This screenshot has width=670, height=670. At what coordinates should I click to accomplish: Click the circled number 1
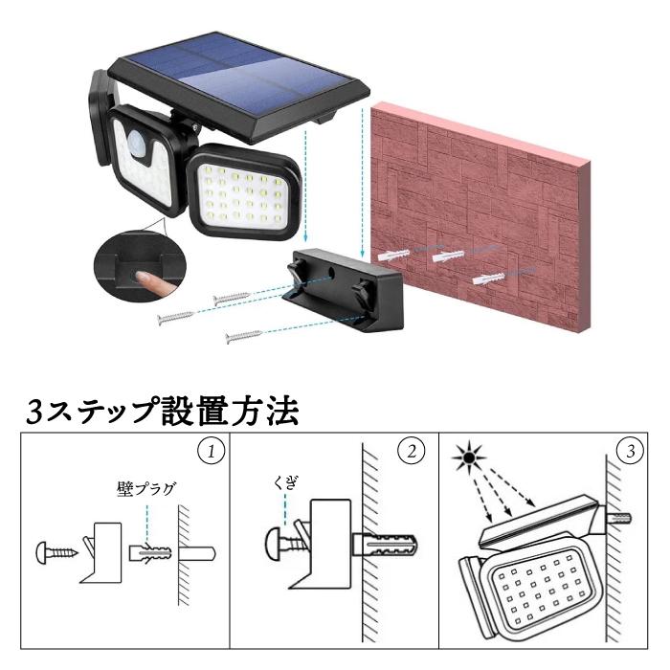(x=212, y=452)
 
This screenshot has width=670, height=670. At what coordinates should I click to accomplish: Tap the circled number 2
(x=412, y=452)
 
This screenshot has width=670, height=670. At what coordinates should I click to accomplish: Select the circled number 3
(x=631, y=452)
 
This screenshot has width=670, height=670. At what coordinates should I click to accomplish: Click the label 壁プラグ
(x=146, y=489)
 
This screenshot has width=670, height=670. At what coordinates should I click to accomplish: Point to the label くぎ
(x=285, y=483)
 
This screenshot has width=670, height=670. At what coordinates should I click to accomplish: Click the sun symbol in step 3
(x=469, y=458)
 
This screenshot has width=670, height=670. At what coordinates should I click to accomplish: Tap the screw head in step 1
(x=42, y=552)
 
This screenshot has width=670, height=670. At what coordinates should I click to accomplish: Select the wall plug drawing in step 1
(x=150, y=553)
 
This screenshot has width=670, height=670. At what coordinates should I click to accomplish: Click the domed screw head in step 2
(x=275, y=543)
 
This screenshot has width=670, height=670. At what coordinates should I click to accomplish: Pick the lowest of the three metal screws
(x=243, y=337)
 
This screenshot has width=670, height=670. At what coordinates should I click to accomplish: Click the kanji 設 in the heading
(x=180, y=411)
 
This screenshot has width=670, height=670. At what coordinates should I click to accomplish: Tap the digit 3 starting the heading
(x=35, y=413)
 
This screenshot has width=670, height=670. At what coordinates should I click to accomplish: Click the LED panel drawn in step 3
(x=541, y=592)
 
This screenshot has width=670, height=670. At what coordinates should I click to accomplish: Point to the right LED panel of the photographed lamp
(x=245, y=191)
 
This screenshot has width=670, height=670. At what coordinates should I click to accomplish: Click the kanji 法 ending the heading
(x=280, y=411)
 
